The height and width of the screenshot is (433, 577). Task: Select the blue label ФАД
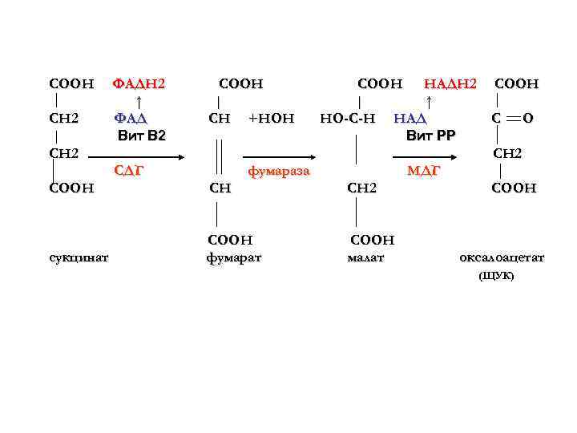tap(131, 119)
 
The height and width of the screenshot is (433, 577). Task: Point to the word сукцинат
tap(79, 257)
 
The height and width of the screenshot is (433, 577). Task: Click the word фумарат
tap(234, 257)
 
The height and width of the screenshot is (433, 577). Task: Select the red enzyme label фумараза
tap(278, 171)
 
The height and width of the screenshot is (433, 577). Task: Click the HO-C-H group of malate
tap(347, 119)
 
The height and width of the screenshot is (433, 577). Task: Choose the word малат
tap(366, 257)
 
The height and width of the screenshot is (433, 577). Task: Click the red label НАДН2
tap(450, 83)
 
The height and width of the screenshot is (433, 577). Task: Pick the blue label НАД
tap(410, 119)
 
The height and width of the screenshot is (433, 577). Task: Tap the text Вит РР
tap(430, 136)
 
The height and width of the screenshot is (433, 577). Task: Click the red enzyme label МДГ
tap(423, 170)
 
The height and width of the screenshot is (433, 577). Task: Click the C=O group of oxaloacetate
tap(513, 119)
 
